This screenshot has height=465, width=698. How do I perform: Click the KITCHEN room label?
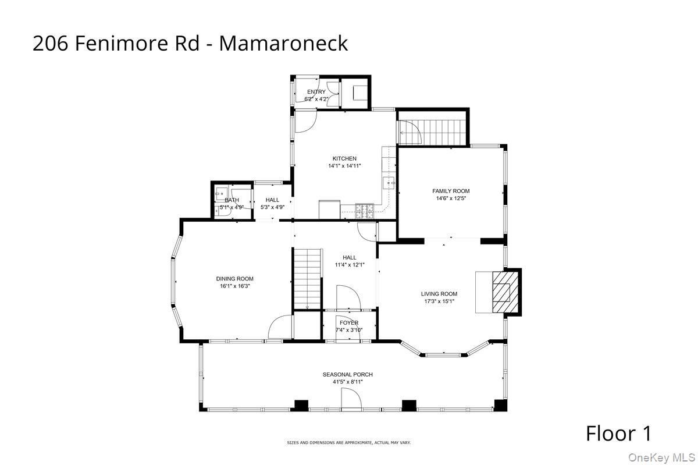coord(344,158)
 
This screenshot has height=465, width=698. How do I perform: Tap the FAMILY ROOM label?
coord(451,191)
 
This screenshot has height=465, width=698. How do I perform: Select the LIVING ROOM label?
coord(439,294)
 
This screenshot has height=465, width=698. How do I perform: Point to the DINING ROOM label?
coord(234,279)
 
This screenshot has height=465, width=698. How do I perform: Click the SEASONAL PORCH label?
coord(348,374)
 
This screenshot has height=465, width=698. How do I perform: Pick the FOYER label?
coord(349,322)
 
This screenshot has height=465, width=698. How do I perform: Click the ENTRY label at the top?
coord(316,92)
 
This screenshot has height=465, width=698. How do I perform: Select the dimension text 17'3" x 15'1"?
coord(439,301)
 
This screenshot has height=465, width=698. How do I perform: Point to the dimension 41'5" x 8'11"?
coord(348,382)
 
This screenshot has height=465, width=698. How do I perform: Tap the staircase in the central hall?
coord(307,278)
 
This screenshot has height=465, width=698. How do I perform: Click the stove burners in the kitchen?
coord(365,211)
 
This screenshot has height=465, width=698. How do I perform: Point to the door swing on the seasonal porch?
coord(351,400)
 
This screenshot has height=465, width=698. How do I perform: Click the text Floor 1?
coord(618,434)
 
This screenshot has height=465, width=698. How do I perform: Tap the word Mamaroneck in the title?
coord(283,43)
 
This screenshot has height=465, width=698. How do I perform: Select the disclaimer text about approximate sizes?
coord(348,443)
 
